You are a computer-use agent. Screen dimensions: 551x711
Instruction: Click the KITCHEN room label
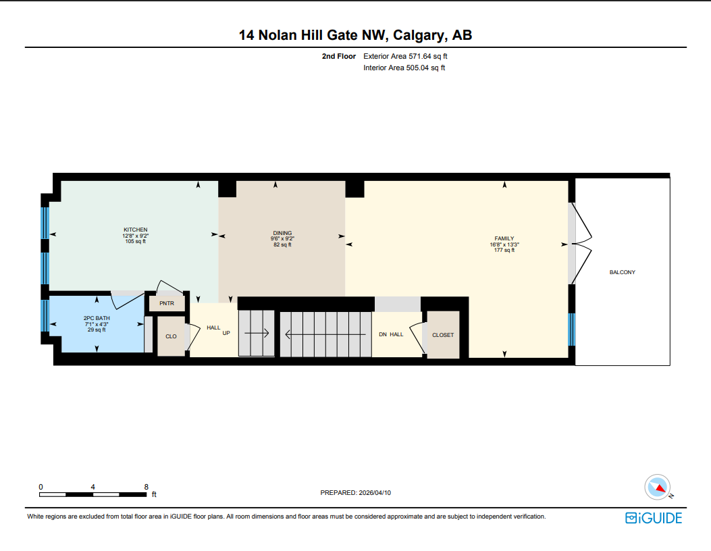(135, 230)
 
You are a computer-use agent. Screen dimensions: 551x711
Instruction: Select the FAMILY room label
(504, 238)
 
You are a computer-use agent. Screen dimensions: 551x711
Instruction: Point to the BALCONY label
(622, 272)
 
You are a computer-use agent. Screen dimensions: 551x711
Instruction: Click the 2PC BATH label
(97, 318)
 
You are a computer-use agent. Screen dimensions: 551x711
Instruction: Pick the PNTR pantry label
(167, 304)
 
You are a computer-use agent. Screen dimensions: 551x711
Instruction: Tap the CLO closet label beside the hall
(171, 336)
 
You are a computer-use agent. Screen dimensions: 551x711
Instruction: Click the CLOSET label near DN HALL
(443, 335)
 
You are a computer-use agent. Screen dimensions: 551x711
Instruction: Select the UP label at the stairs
(227, 333)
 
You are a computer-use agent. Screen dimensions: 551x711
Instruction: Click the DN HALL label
(391, 334)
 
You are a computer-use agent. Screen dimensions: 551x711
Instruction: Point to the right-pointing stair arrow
(257, 333)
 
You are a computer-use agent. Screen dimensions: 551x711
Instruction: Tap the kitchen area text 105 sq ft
(135, 241)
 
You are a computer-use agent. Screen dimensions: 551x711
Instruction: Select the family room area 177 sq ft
(504, 250)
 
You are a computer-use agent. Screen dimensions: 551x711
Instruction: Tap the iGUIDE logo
(653, 518)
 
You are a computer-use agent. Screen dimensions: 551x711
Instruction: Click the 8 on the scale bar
(146, 486)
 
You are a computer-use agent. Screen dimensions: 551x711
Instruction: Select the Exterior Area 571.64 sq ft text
(404, 57)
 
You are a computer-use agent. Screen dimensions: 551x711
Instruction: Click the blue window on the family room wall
(571, 329)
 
